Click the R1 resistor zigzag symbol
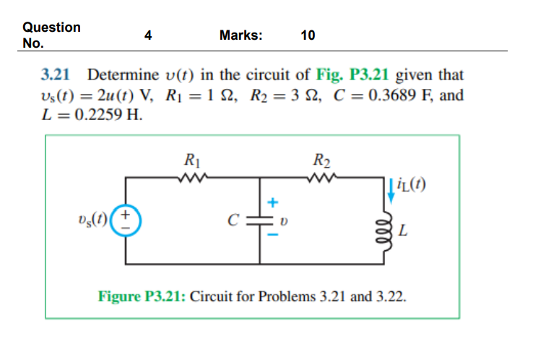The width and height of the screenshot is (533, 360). [194, 176]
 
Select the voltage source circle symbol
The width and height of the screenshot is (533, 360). [128, 218]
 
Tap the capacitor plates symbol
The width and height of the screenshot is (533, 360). [259, 218]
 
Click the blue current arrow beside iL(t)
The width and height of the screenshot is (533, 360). [391, 186]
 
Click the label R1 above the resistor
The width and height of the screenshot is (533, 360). [193, 160]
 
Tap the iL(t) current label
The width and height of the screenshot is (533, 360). [414, 186]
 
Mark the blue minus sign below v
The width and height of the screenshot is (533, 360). [273, 233]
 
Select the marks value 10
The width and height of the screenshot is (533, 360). [308, 35]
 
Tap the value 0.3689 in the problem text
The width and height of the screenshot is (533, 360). [394, 95]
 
